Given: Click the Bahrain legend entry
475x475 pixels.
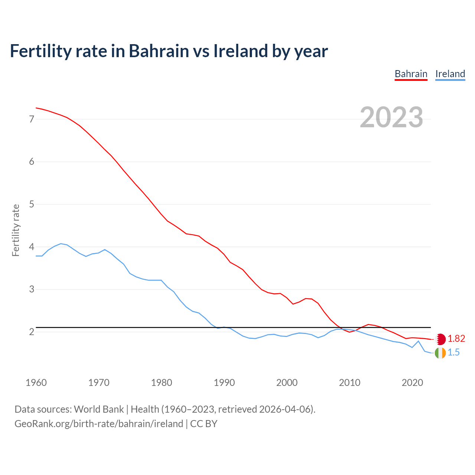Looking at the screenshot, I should (411, 74).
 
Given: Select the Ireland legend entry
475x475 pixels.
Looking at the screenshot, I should (450, 74).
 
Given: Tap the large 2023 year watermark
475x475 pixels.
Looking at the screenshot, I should (391, 117).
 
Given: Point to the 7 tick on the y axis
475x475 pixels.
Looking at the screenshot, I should (32, 119).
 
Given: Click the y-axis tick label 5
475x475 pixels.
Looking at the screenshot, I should (32, 204).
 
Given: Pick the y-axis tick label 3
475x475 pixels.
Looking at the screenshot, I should (32, 289).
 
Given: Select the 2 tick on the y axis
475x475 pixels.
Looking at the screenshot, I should (32, 332).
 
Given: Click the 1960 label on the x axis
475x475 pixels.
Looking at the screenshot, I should (36, 383).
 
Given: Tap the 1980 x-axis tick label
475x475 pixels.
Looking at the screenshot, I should (161, 383).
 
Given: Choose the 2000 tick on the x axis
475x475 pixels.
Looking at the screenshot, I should (287, 383).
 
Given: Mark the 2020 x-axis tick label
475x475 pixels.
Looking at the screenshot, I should (412, 383).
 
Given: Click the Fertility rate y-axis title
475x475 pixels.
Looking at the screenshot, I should (16, 230).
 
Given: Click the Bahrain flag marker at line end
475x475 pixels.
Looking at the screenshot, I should (440, 339).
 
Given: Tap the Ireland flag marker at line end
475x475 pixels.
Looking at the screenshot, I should (440, 353).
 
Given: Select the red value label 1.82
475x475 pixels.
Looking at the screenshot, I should (456, 339).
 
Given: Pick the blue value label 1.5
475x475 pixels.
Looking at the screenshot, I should (453, 353).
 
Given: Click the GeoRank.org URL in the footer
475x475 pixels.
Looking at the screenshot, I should (99, 424).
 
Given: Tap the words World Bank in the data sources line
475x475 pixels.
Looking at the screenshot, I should (99, 409).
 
